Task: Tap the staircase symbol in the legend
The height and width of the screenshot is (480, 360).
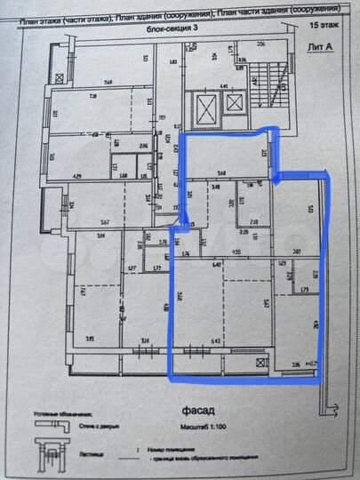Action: pos(52,459)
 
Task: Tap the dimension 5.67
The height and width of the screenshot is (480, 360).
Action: pos(105,221)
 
